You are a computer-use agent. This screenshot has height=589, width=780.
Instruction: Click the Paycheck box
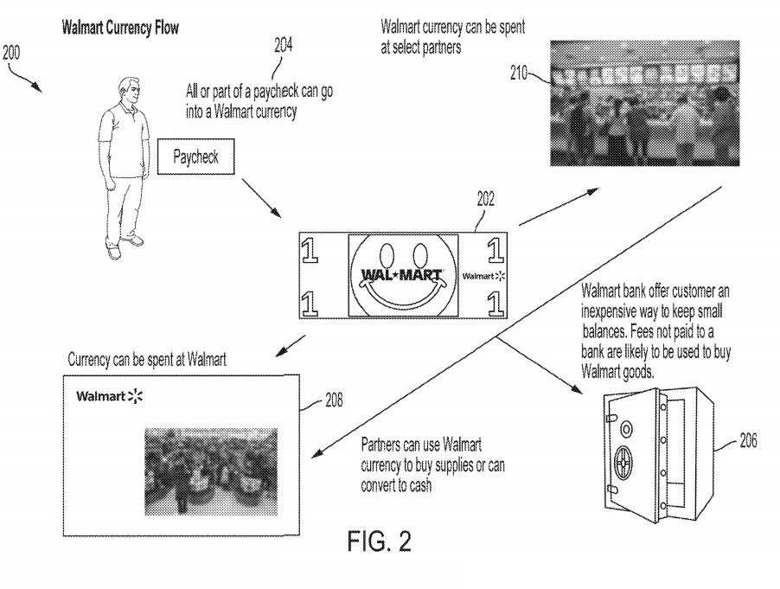(x=196, y=157)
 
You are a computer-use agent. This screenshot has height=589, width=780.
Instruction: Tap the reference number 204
(x=283, y=45)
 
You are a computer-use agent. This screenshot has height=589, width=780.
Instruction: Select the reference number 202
(x=485, y=199)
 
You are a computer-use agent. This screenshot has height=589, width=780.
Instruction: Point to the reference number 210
(x=518, y=74)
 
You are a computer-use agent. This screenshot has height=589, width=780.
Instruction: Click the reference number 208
(x=334, y=400)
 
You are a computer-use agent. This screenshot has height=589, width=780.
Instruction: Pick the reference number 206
(x=748, y=440)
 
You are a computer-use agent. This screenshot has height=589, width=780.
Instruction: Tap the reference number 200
(x=11, y=52)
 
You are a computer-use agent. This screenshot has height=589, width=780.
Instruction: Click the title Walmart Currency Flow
(x=120, y=28)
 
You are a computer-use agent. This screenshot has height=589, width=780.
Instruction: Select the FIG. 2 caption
(x=380, y=541)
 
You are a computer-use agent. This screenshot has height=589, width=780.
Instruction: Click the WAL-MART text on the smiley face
(x=401, y=274)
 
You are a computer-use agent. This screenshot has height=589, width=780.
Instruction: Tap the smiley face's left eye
(x=387, y=254)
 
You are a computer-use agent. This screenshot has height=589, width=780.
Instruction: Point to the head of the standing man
(x=129, y=92)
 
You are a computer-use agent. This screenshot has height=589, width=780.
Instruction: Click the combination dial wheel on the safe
(x=623, y=462)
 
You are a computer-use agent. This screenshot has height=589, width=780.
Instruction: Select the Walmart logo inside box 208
(x=110, y=396)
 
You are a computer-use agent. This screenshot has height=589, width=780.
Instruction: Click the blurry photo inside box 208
(x=211, y=471)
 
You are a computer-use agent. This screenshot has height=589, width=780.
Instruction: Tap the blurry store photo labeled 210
(x=645, y=103)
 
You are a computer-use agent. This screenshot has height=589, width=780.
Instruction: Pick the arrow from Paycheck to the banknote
(x=262, y=198)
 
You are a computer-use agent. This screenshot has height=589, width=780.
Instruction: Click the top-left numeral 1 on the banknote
(x=310, y=249)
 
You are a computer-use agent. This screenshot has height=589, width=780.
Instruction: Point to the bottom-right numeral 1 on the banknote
(x=495, y=303)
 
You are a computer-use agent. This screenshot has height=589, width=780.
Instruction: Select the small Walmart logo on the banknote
(x=483, y=276)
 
